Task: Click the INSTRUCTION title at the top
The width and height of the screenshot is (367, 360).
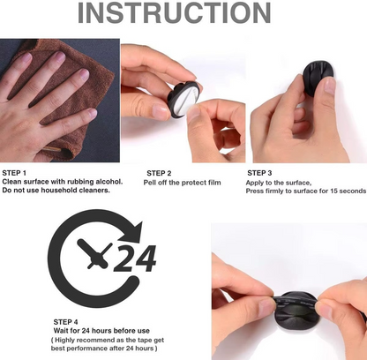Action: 184,15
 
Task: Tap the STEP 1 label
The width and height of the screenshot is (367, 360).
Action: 15,172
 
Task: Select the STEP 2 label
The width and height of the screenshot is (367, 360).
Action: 159,172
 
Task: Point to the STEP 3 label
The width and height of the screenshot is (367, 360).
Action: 259,172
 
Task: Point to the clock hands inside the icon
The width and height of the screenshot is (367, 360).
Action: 88,256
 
